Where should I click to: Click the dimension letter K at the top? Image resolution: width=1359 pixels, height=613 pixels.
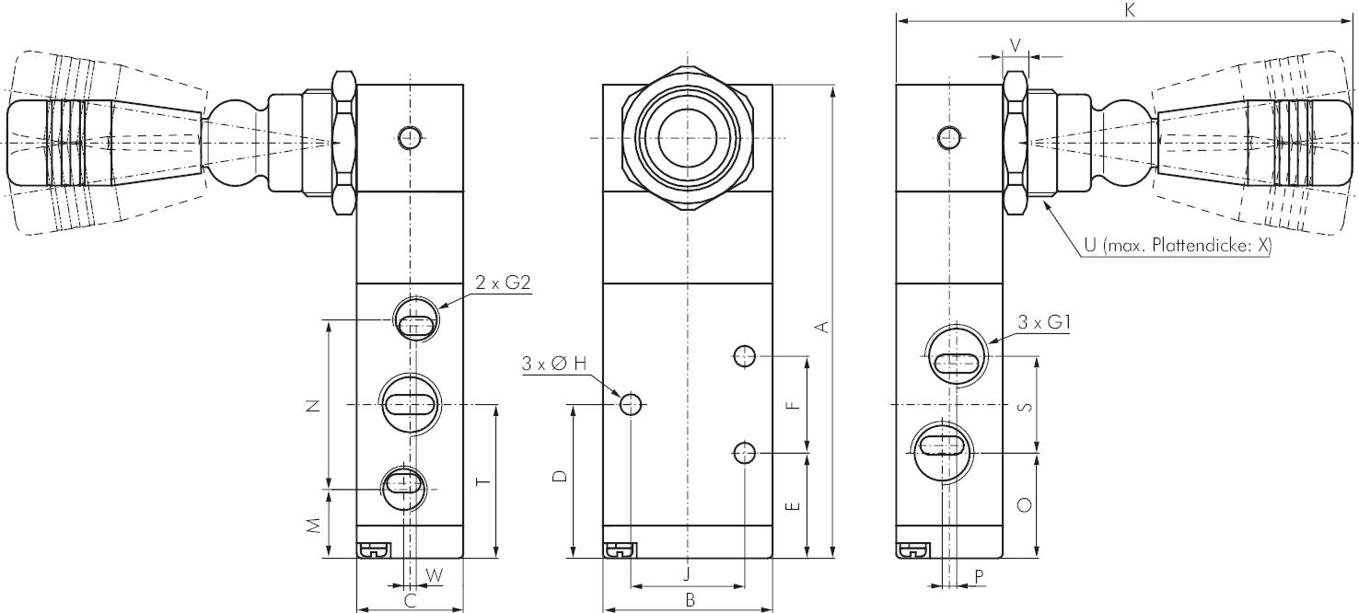(1129, 10)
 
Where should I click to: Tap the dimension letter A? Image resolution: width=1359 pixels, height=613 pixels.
(821, 328)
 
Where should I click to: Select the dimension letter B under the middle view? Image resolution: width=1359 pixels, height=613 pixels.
(690, 600)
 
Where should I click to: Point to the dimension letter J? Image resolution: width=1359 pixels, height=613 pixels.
(687, 574)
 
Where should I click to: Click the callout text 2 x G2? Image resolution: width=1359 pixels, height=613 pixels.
(503, 283)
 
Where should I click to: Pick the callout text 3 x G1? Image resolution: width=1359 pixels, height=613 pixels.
(1044, 322)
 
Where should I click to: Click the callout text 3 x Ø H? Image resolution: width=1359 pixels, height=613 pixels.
(554, 364)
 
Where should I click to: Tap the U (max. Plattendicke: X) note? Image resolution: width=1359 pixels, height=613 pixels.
(1178, 246)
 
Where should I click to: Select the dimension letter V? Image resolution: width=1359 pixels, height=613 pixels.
(1015, 45)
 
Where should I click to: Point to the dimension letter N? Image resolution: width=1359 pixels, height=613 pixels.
(312, 406)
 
